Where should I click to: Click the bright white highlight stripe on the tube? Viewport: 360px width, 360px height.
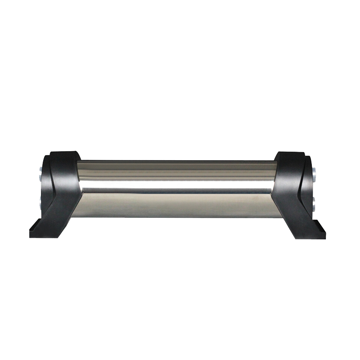[180, 184]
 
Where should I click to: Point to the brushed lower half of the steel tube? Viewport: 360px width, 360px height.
[180, 205]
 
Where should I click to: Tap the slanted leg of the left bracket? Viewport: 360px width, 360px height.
[63, 216]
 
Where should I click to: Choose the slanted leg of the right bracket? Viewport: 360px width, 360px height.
[292, 216]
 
